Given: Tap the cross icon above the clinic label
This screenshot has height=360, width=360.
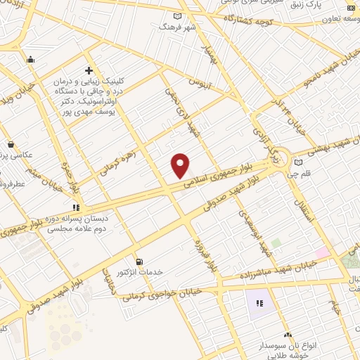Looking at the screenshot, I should [x=89, y=70].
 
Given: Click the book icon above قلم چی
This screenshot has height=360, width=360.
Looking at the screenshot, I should [x=298, y=163].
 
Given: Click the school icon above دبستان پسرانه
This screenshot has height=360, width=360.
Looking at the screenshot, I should [x=76, y=207].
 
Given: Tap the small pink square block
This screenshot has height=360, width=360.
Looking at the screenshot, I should [x=322, y=252].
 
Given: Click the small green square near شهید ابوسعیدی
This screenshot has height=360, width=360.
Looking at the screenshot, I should [x=276, y=243].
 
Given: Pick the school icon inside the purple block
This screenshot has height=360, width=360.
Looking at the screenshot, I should [x=259, y=304].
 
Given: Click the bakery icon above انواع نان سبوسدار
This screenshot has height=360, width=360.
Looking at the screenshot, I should [x=288, y=335].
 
